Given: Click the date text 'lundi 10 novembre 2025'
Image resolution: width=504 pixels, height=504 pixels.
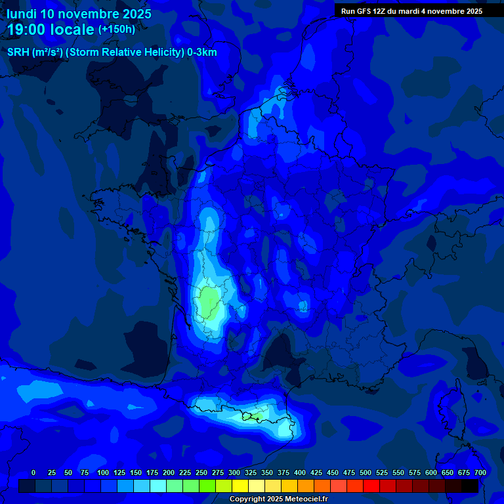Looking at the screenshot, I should (79, 14).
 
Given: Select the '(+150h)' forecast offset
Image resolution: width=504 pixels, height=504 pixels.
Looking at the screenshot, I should (117, 30).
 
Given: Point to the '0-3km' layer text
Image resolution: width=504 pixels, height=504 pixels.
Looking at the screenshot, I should (201, 52).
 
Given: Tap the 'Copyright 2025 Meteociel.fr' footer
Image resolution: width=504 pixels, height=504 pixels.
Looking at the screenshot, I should (278, 499).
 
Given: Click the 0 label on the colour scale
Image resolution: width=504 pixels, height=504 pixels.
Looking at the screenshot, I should (33, 472).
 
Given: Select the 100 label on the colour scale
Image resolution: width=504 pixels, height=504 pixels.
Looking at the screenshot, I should (103, 472).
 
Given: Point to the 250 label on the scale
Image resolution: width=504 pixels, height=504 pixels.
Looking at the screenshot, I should (201, 472).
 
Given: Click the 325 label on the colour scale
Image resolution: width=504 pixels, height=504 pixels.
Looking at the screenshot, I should (251, 472).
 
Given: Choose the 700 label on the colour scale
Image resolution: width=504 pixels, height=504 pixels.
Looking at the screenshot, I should (480, 472).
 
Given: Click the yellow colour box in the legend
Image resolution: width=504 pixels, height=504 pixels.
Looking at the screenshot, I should (240, 486).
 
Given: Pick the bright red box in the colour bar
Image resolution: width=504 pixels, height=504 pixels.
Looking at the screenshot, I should (371, 486).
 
